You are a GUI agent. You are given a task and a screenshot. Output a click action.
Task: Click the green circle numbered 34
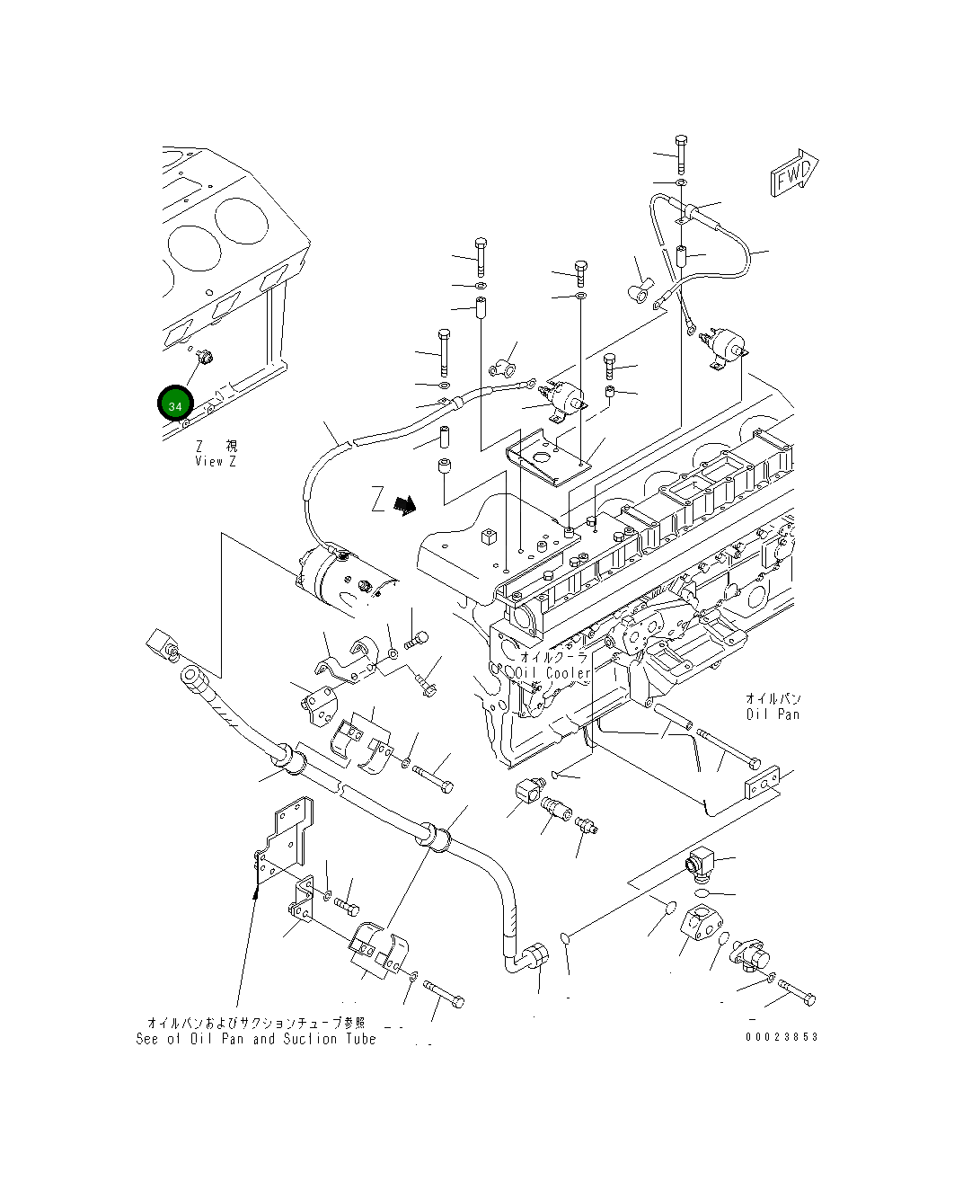click(x=175, y=405)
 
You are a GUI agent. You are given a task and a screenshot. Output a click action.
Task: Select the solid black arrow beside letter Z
click(x=407, y=506)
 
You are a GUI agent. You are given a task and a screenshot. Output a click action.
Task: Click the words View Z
click(x=216, y=461)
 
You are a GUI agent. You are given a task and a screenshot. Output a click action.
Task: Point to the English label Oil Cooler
click(x=553, y=673)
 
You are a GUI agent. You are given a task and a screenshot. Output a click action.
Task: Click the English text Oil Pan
click(x=773, y=714)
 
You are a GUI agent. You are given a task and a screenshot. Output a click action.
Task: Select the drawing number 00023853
click(x=782, y=1036)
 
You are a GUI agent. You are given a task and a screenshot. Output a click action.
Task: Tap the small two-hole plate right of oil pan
click(x=763, y=782)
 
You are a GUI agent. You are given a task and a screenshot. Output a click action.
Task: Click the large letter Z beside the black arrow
click(x=378, y=499)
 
